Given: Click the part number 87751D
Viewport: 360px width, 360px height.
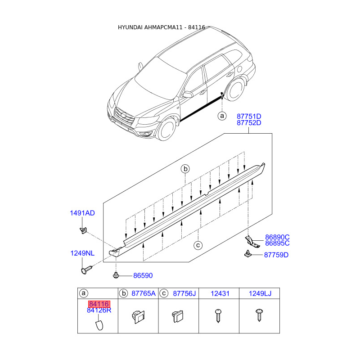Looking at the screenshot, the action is click(x=249, y=116).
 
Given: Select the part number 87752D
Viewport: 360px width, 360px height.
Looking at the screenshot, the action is click(x=249, y=123).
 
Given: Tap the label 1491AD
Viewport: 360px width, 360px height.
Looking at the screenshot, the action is click(x=82, y=213).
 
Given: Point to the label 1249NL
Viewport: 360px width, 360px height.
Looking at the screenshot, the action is click(x=82, y=253).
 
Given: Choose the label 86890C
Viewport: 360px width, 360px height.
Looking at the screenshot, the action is click(x=277, y=237).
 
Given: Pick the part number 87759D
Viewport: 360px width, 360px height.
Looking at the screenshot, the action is click(x=276, y=255).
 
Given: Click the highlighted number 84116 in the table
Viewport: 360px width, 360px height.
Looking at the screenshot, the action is click(x=99, y=304).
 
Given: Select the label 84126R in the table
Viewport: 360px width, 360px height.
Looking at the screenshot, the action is click(x=99, y=310).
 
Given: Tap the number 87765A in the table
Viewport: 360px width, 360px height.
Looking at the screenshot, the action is click(x=143, y=293).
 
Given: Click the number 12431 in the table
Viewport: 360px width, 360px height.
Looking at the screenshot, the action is click(x=220, y=293).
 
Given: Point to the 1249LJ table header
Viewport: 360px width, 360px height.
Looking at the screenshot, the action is click(x=260, y=293).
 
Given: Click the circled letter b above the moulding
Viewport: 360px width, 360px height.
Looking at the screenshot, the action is click(x=185, y=169).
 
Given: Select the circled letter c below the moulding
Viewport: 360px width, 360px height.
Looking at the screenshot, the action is click(x=197, y=245).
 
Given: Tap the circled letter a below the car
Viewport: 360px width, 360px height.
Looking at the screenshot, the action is click(x=221, y=116).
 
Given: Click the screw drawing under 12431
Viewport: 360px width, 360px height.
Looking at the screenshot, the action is click(x=219, y=315).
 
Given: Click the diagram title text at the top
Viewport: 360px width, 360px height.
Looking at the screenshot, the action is click(x=161, y=27).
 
